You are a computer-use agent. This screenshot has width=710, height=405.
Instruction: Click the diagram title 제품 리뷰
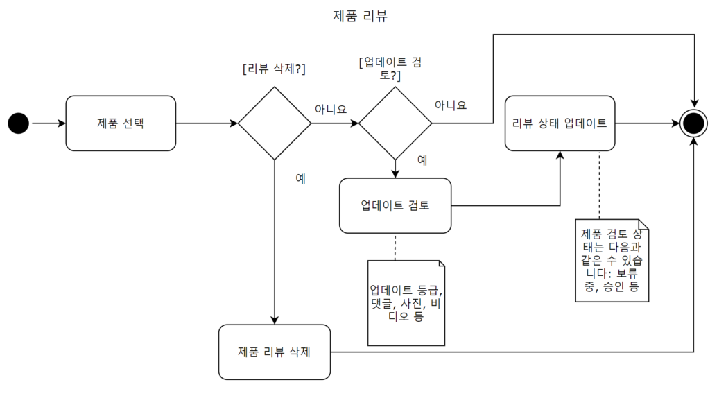(360, 16)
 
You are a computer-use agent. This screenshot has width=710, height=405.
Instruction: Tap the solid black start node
(19, 123)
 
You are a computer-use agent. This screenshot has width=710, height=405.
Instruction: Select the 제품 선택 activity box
(121, 123)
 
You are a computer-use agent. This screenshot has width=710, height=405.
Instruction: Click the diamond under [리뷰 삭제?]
(275, 123)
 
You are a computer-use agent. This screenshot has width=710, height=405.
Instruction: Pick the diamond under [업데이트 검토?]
(395, 123)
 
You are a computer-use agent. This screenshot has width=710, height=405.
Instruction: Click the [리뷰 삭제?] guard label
(275, 69)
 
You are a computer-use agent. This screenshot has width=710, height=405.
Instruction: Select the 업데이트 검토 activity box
(395, 205)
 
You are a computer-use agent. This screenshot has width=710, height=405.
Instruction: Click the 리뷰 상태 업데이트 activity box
(560, 123)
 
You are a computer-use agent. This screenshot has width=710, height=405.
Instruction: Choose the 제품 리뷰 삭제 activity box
(274, 352)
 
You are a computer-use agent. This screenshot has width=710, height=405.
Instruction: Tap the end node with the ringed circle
(693, 123)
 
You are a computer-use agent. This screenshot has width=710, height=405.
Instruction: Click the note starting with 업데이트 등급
(406, 302)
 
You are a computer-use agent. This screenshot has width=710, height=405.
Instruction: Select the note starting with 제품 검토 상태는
(613, 260)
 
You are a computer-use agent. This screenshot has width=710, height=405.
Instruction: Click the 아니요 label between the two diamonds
(331, 109)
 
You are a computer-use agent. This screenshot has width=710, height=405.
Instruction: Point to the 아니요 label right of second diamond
(451, 105)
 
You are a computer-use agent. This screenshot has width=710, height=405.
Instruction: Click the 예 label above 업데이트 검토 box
(422, 160)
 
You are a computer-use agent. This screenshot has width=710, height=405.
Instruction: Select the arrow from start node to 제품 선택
(48, 123)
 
